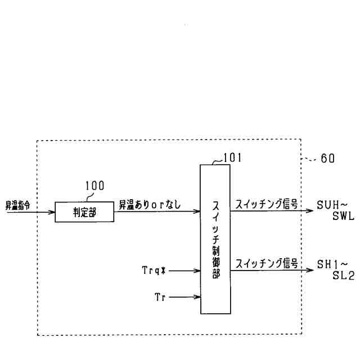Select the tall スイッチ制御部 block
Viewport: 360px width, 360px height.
click(x=216, y=238)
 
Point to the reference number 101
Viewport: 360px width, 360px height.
click(x=232, y=157)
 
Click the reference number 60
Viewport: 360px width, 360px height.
click(x=327, y=158)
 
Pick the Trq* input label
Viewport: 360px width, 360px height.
click(x=154, y=271)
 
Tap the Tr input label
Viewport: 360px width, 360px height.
click(x=159, y=296)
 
